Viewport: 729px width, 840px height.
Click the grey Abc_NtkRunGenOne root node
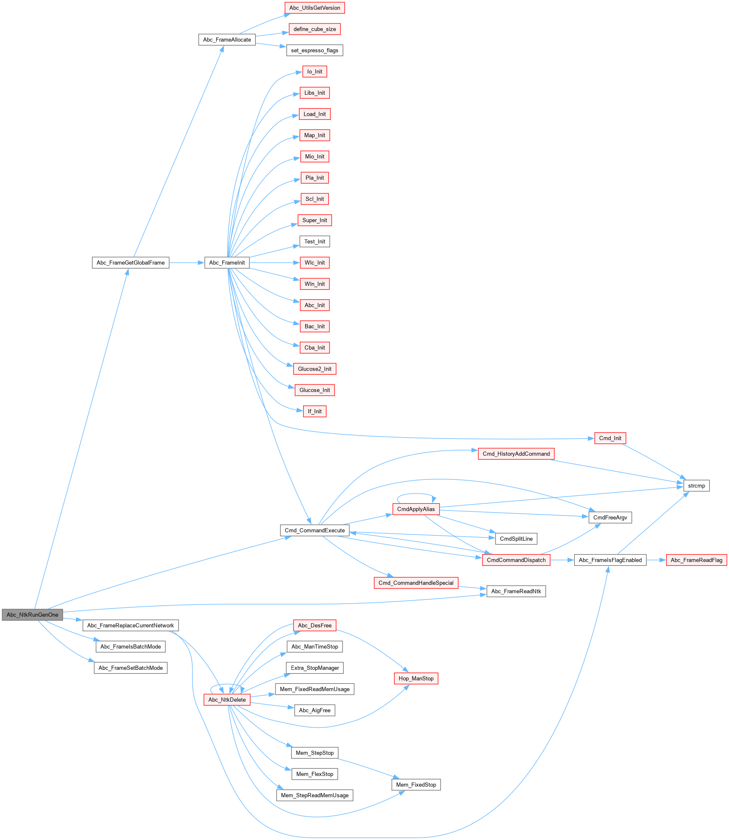(32, 614)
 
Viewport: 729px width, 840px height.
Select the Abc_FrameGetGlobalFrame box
(130, 263)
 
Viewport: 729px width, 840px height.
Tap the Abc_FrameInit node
(227, 263)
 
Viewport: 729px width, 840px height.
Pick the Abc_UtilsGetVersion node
(314, 8)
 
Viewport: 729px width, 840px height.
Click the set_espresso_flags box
(314, 50)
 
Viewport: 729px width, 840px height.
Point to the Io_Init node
(314, 72)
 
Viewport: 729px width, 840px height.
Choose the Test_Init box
(314, 241)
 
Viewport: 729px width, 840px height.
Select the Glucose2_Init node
(314, 369)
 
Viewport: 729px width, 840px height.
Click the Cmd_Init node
(610, 438)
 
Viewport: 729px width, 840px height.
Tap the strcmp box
(696, 486)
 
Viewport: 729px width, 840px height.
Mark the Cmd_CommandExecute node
(314, 530)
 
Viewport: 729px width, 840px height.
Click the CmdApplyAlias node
(416, 509)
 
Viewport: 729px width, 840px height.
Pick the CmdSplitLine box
(516, 539)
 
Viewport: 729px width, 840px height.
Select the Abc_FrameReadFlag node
(696, 560)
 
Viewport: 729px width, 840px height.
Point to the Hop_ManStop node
(416, 679)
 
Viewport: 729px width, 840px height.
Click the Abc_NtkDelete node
(227, 700)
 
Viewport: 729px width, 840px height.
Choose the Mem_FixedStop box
(416, 785)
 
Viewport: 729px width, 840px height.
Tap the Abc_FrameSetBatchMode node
(130, 668)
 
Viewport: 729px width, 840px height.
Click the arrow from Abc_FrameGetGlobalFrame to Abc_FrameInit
(187, 263)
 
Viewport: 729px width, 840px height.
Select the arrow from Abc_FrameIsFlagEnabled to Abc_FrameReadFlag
(656, 560)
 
